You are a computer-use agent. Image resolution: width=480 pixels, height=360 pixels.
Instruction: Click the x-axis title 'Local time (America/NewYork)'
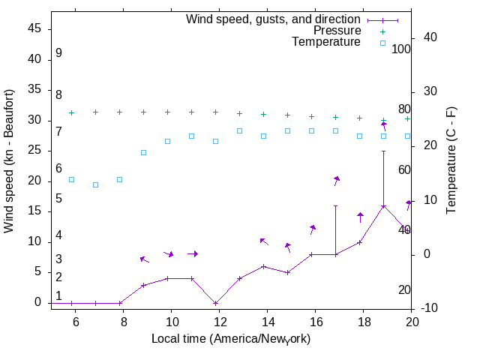tap(230, 339)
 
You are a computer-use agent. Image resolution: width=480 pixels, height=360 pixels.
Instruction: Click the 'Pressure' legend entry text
tap(337, 31)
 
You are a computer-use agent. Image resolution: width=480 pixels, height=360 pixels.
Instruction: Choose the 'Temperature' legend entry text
tap(325, 42)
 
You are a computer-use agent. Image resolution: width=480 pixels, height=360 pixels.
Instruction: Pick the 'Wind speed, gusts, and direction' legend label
tap(273, 19)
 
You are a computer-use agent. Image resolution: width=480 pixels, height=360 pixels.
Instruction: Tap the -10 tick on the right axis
tap(433, 308)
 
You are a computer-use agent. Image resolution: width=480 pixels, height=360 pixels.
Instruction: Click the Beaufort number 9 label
tap(58, 54)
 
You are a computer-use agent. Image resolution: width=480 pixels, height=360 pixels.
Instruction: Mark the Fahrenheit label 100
tap(402, 49)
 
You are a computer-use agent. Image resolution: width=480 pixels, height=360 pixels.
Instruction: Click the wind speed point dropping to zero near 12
tap(216, 303)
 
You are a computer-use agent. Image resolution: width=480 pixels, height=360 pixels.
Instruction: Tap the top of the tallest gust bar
tap(384, 151)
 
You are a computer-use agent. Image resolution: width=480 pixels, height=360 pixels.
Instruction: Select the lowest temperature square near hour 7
tap(95, 184)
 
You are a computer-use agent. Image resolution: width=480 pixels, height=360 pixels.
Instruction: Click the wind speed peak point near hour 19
tap(384, 206)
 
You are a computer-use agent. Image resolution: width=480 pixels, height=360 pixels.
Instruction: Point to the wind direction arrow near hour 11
tap(193, 253)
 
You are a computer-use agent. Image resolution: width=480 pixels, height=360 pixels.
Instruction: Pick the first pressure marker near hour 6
tap(71, 112)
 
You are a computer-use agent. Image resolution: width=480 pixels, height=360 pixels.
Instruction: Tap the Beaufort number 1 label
tap(58, 296)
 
